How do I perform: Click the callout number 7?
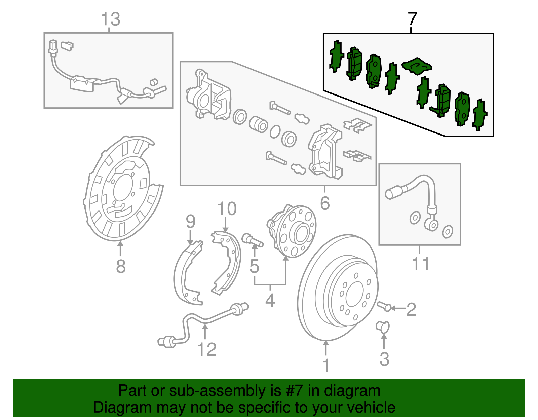pyautogui.click(x=412, y=19)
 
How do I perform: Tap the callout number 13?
pyautogui.click(x=110, y=20)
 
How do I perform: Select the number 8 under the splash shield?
pyautogui.click(x=121, y=267)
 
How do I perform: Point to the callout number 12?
pyautogui.click(x=206, y=350)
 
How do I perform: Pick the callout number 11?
pyautogui.click(x=420, y=264)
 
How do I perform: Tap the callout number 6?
pyautogui.click(x=325, y=203)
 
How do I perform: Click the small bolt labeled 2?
pyautogui.click(x=384, y=306)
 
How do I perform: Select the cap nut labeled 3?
pyautogui.click(x=383, y=326)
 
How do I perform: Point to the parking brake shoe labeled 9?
pyautogui.click(x=187, y=274)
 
